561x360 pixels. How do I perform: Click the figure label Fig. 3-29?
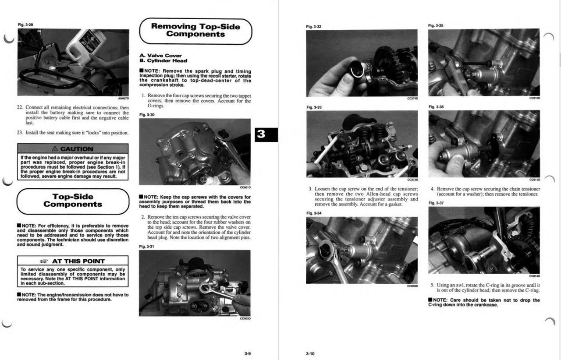pyautogui.click(x=25, y=25)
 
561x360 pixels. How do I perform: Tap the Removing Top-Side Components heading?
pyautogui.click(x=195, y=30)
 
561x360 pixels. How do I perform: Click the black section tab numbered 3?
pyautogui.click(x=261, y=134)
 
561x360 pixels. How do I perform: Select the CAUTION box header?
pyautogui.click(x=73, y=149)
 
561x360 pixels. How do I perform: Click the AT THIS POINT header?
pyautogui.click(x=73, y=261)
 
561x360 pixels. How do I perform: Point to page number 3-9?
pyautogui.click(x=248, y=353)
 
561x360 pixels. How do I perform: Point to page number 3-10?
pyautogui.click(x=310, y=353)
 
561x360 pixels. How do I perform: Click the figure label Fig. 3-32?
pyautogui.click(x=313, y=27)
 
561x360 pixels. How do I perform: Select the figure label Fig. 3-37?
pyautogui.click(x=436, y=203)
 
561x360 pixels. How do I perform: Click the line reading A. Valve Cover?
pyautogui.click(x=160, y=56)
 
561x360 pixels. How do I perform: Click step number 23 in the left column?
pyautogui.click(x=20, y=132)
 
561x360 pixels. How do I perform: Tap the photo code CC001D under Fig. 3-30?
pyautogui.click(x=245, y=187)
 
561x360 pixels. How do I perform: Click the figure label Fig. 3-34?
pyautogui.click(x=313, y=213)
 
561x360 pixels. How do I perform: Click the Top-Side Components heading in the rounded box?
pyautogui.click(x=73, y=201)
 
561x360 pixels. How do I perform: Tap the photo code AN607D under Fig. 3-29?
pyautogui.click(x=124, y=99)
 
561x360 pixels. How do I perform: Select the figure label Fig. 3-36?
pyautogui.click(x=436, y=107)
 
